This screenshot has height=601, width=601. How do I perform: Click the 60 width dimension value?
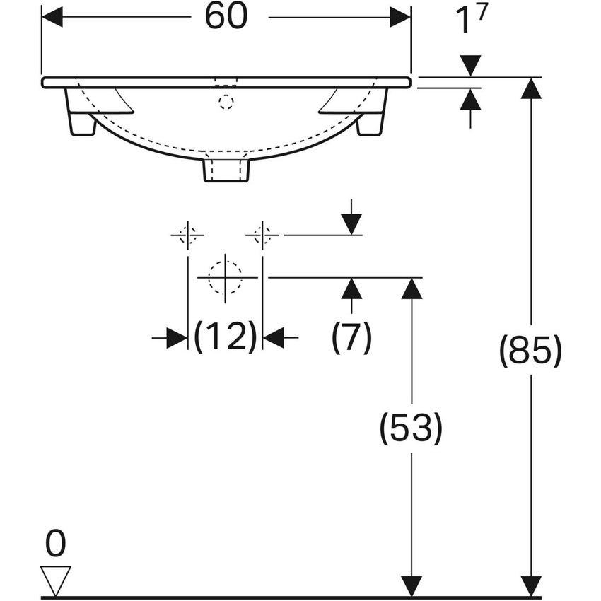click(226, 17)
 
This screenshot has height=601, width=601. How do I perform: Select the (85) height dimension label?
click(530, 351)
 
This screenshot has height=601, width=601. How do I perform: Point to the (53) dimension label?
click(411, 428)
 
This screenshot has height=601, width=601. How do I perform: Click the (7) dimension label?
click(351, 338)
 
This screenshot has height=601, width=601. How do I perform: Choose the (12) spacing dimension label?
click(225, 338)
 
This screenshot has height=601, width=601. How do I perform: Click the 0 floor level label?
click(55, 544)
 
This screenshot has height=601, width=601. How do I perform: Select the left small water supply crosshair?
click(187, 234)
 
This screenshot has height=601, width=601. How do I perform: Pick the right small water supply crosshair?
click(262, 234)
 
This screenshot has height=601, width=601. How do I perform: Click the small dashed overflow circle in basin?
click(226, 103)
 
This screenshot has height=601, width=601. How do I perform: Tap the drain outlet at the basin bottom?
click(226, 170)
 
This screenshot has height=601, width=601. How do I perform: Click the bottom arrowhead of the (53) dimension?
click(412, 586)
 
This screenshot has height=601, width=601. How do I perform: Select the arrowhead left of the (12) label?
click(177, 338)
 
